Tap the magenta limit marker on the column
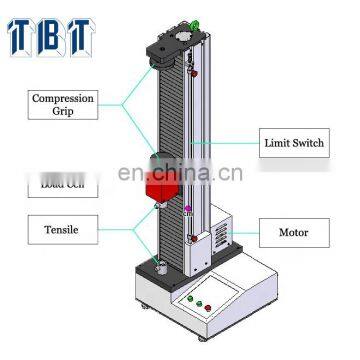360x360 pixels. (x=188, y=209)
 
